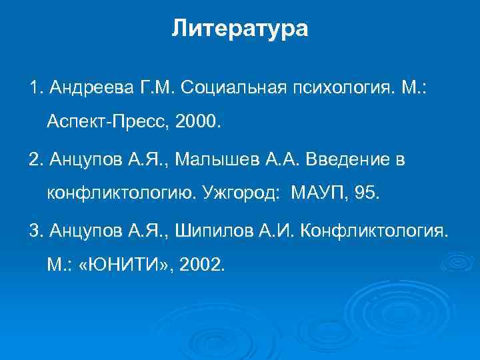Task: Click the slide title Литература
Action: click(240, 29)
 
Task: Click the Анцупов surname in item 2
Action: click(76, 160)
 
